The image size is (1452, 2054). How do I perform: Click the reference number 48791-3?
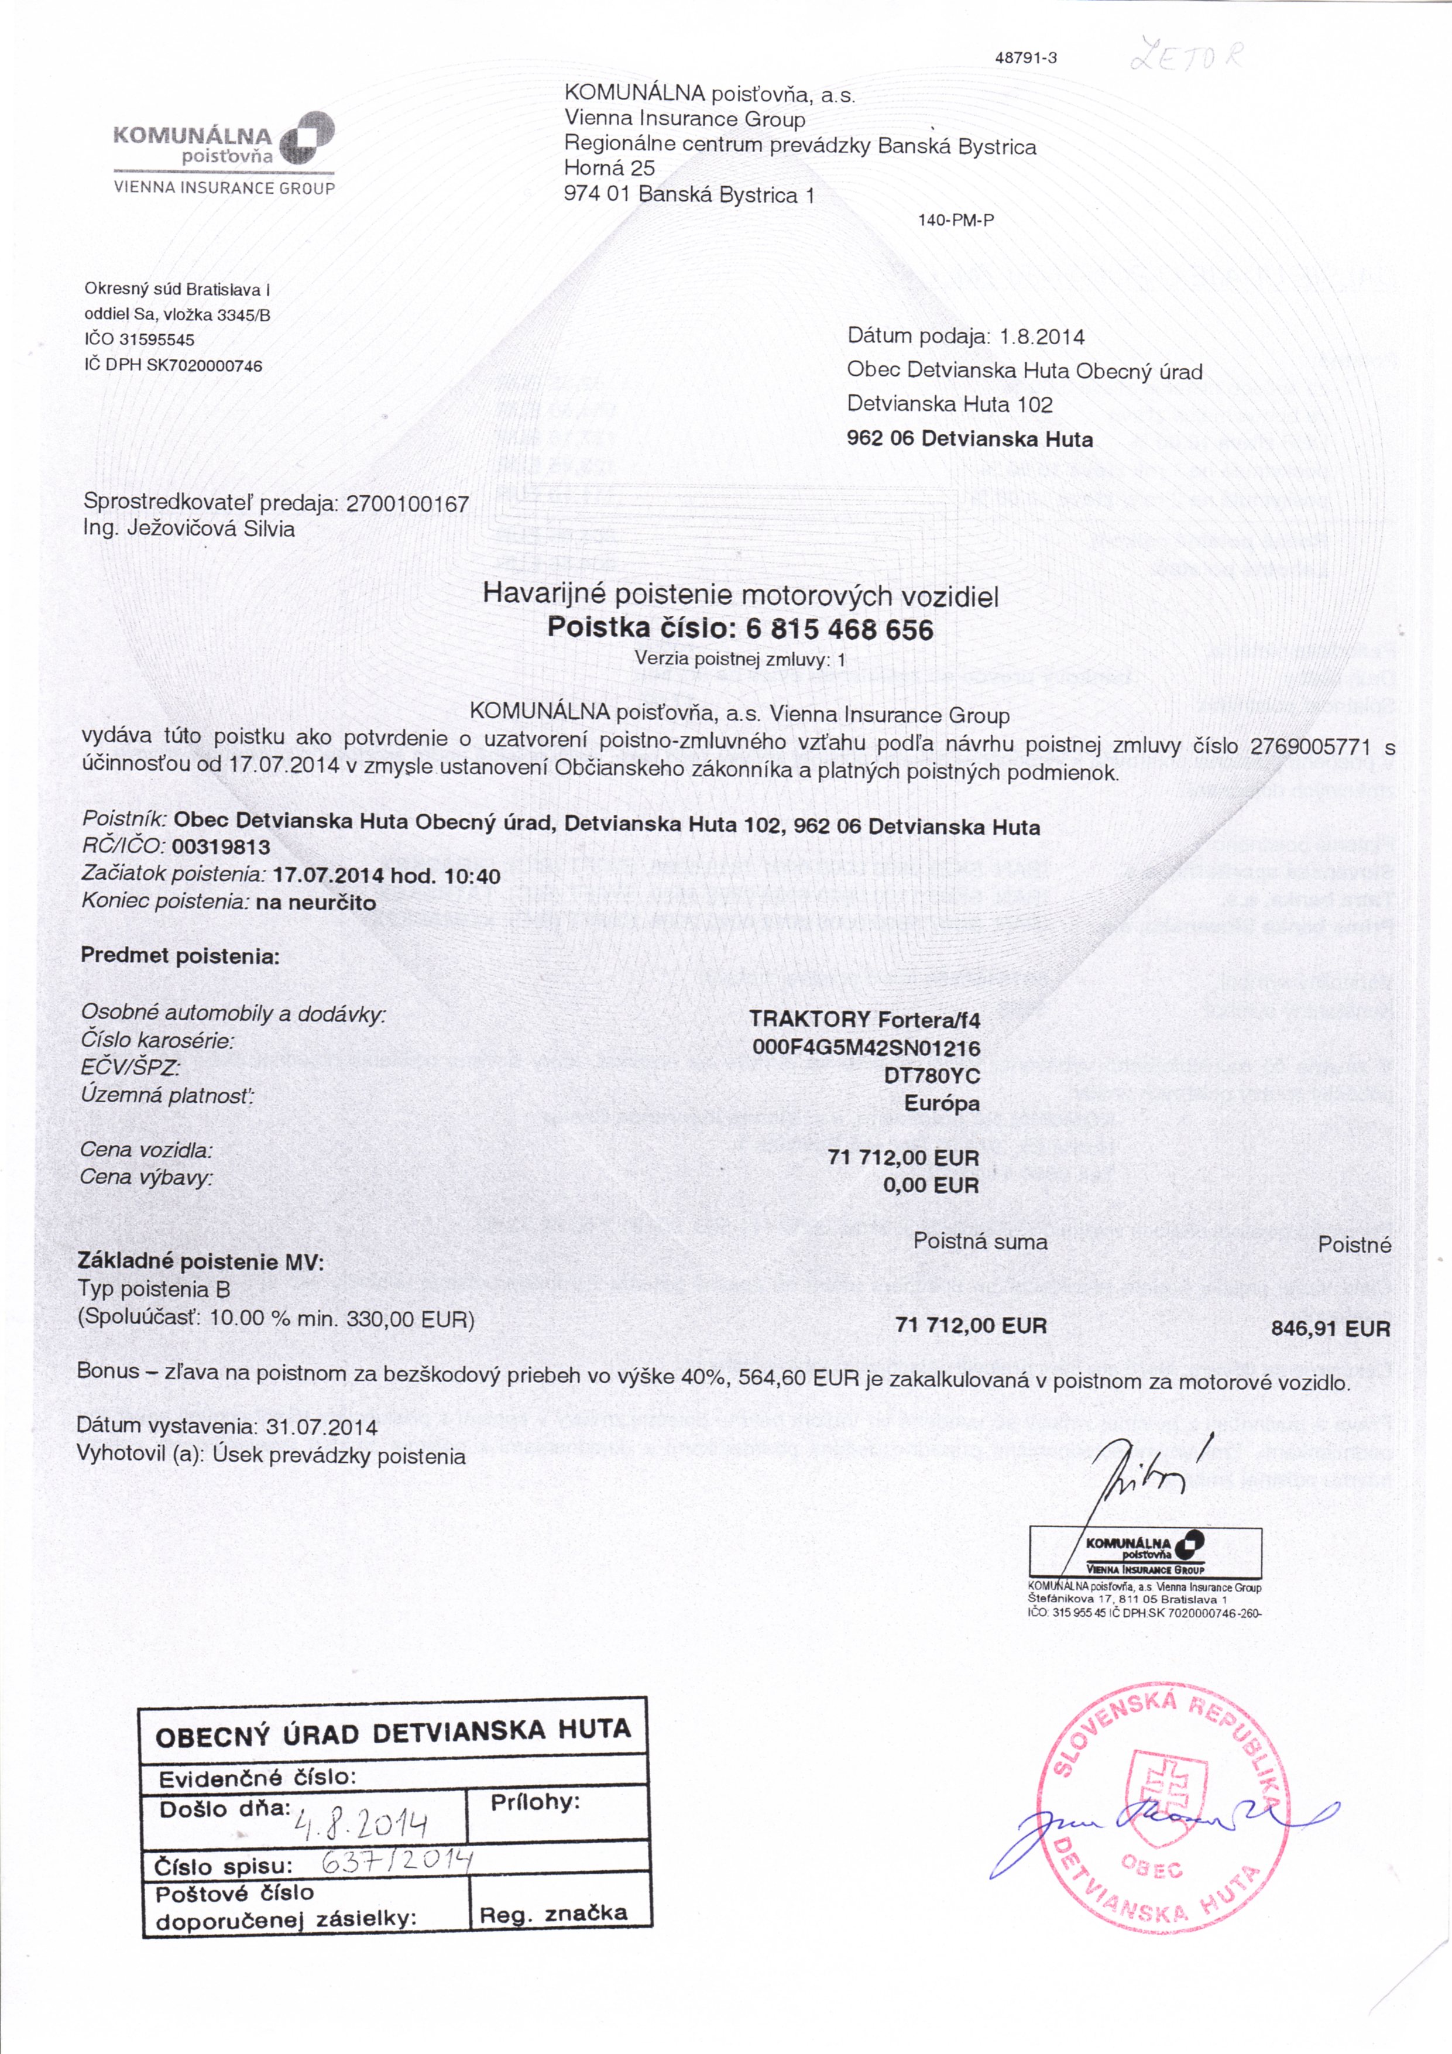pos(1025,58)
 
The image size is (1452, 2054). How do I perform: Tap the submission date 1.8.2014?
pos(1042,337)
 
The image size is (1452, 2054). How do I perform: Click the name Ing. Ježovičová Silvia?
pos(189,528)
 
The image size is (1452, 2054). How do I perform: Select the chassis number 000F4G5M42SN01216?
pos(866,1048)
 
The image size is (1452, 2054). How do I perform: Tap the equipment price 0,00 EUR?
pos(931,1185)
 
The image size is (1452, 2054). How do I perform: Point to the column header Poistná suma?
pos(980,1242)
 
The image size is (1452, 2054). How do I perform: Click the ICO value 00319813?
pos(221,846)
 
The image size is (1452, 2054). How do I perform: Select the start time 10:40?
pos(472,875)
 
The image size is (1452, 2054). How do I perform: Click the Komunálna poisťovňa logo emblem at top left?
pos(307,139)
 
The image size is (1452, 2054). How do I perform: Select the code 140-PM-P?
pos(956,220)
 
